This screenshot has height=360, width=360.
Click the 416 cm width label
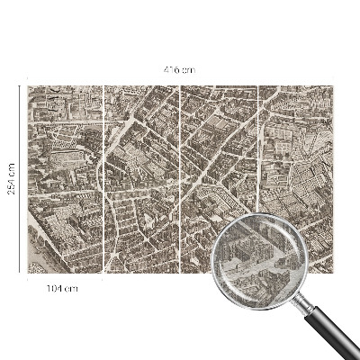click(x=180, y=69)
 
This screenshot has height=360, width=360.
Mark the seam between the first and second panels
click(x=103, y=180)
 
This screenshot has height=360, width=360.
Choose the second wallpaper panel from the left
click(x=142, y=180)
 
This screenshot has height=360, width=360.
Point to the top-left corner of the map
click(x=27, y=86)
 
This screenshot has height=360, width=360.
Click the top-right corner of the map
click(x=336, y=86)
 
